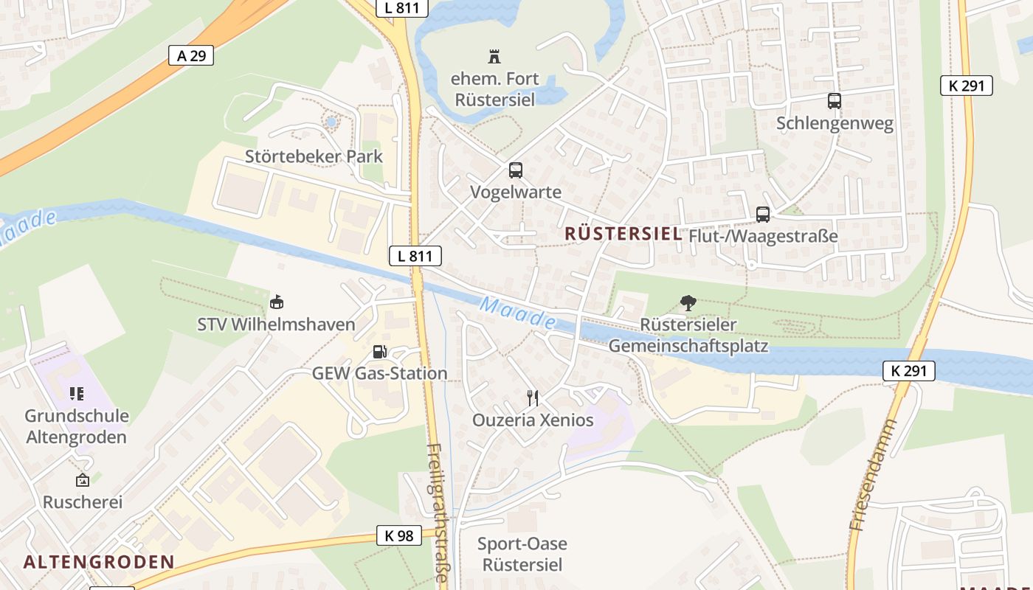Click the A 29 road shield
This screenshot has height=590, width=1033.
(x=191, y=55)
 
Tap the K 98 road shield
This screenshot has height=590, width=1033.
(x=399, y=535)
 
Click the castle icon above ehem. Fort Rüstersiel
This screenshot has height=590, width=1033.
(x=494, y=56)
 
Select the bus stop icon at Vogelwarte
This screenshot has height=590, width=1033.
(x=516, y=170)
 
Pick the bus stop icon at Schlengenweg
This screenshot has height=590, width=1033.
(x=835, y=101)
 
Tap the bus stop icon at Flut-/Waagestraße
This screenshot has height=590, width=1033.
(x=763, y=215)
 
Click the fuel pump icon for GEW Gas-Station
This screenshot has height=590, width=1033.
(x=379, y=352)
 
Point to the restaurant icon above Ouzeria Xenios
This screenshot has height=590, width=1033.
(x=533, y=398)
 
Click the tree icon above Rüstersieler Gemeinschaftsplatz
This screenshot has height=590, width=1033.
(x=688, y=302)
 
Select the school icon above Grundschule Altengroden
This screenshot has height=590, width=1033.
(x=77, y=394)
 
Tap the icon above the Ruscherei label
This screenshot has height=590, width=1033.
(x=83, y=480)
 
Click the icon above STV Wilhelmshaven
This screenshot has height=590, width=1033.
(x=277, y=302)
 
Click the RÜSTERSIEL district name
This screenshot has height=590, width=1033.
(x=623, y=234)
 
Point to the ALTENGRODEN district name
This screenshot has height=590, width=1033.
(x=99, y=562)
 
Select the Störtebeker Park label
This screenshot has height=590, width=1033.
(x=314, y=156)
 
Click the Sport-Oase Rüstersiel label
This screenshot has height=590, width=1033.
(x=522, y=555)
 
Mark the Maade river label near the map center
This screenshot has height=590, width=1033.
(x=517, y=313)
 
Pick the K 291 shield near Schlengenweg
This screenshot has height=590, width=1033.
(x=967, y=86)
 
